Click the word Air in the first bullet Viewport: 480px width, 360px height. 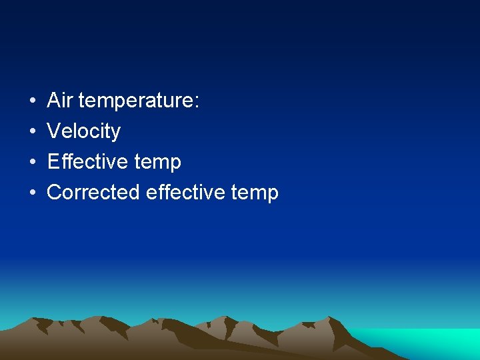(x=60, y=101)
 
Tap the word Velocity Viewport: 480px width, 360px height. (x=84, y=131)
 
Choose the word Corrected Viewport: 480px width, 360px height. (x=93, y=192)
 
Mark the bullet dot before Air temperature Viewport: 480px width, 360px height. (x=33, y=101)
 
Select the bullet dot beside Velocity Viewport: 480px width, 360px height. (x=33, y=132)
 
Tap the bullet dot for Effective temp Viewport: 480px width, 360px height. (x=33, y=162)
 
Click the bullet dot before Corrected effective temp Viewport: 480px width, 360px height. (x=33, y=193)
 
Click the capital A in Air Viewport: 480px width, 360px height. (x=54, y=101)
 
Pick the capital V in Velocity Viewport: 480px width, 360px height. (x=53, y=131)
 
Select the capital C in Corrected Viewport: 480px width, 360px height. (x=55, y=192)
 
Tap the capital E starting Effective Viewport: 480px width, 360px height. (x=53, y=161)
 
